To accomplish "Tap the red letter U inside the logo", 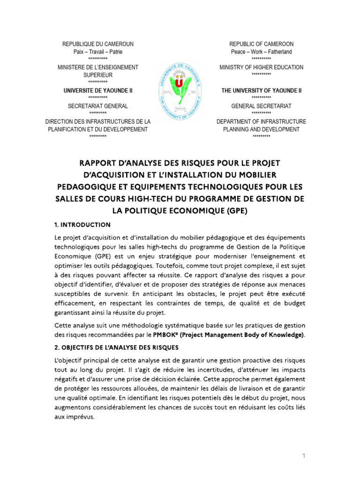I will pos(179,83).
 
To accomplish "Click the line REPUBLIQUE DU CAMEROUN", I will pos(98,44).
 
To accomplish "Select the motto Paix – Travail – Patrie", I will pos(98,52).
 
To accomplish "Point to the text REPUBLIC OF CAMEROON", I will pos(261,44).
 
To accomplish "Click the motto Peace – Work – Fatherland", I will pos(261,52).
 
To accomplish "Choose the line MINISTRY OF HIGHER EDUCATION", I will pos(261,67).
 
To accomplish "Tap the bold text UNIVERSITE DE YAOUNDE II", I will pos(97,90).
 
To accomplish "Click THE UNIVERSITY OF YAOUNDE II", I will pos(261,90).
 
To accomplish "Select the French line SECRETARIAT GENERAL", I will pos(97,106).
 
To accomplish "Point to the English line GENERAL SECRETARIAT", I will pos(261,106).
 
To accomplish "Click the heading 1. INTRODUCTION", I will pos(82,225).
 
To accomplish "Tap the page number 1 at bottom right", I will pos(304,456).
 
